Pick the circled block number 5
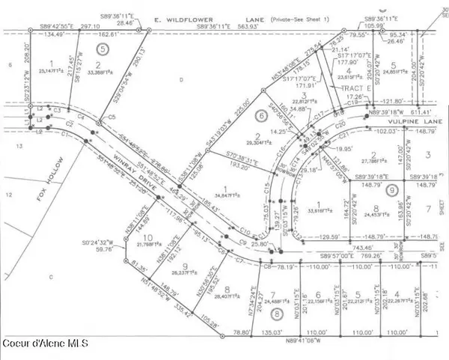[105, 47]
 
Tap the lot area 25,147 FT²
[52, 72]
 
